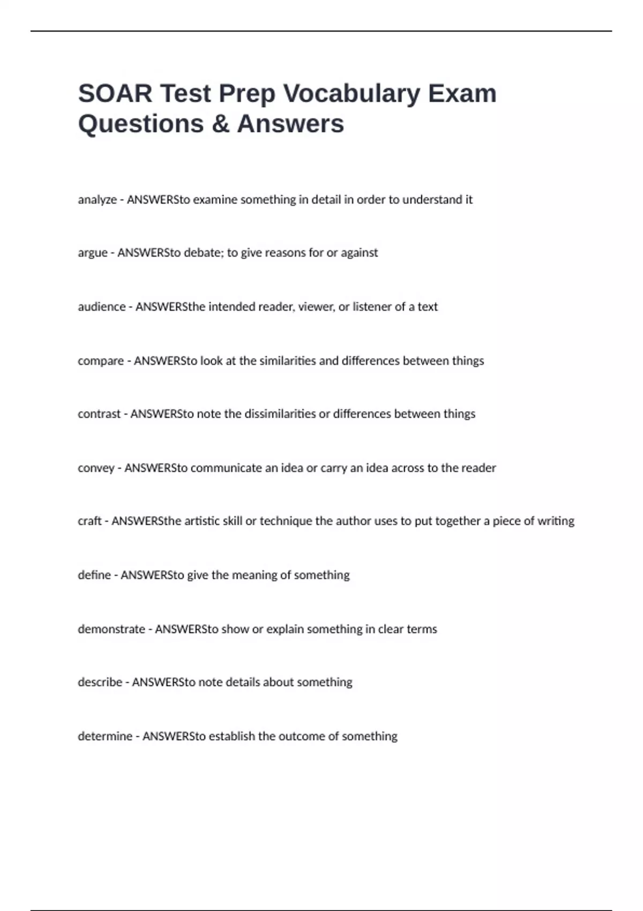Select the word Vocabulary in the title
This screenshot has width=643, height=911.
pos(352,94)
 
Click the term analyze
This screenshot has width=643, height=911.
pos(97,200)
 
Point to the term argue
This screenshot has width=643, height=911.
pos(92,253)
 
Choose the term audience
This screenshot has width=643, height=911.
pos(101,307)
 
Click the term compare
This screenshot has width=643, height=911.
pos(100,361)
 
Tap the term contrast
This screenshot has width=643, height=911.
pos(99,414)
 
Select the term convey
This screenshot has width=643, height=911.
pos(96,468)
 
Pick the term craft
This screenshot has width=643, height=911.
pos(89,521)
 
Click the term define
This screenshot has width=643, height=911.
pos(94,575)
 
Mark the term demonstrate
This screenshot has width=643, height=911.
pos(111,629)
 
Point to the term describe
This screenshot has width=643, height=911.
pos(100,682)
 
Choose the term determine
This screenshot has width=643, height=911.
pos(104,736)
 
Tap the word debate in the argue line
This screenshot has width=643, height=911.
pos(202,252)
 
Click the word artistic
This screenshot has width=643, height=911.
pos(203,521)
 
